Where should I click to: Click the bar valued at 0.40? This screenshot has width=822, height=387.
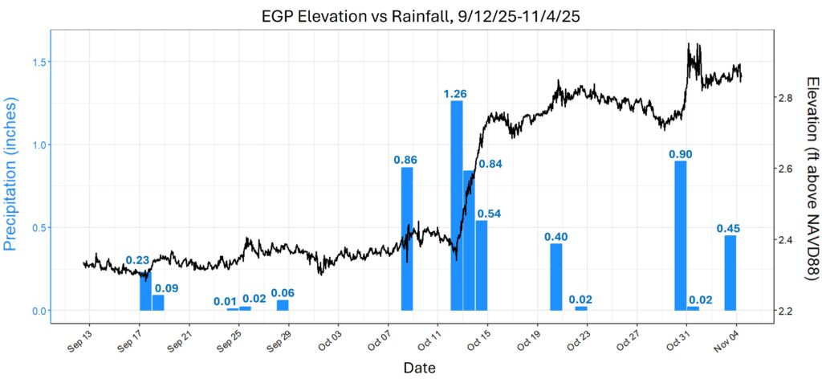[556, 277]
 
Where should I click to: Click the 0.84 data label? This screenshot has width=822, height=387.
[490, 165]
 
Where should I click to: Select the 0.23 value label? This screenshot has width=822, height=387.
[138, 260]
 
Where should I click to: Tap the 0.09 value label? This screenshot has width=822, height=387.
[167, 288]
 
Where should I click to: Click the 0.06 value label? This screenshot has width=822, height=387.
[283, 293]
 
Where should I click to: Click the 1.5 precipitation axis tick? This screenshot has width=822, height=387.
[37, 62]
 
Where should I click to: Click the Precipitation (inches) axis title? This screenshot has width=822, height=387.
[11, 174]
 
